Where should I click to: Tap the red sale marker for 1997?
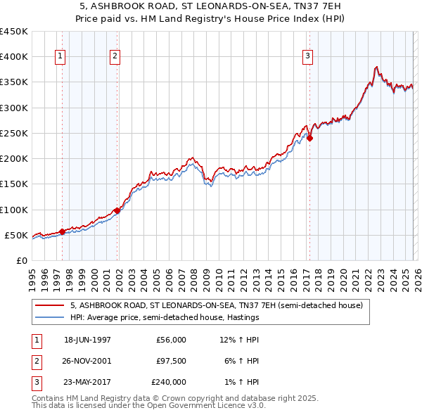[63, 231]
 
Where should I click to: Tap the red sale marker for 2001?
[117, 210]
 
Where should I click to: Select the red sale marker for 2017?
[309, 138]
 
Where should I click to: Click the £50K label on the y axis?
[16, 235]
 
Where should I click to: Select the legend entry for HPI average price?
[165, 317]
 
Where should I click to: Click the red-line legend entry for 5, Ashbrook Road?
[216, 305]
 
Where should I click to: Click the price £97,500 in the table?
[171, 361]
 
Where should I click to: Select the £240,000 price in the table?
[169, 382]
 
